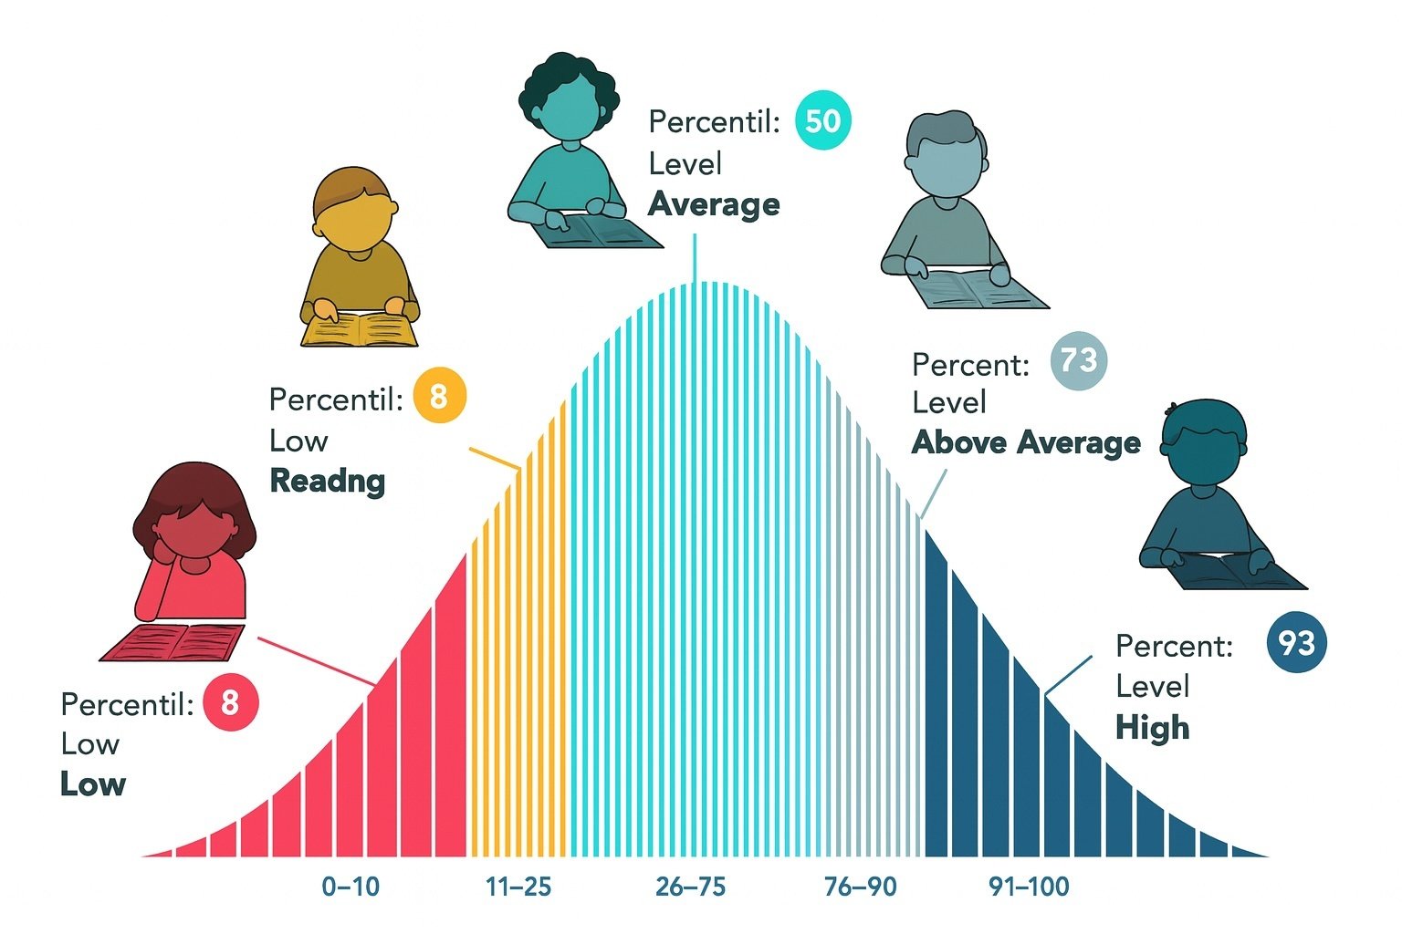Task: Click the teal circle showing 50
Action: [x=822, y=120]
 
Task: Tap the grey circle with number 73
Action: [x=1078, y=360]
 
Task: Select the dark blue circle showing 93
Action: [x=1296, y=643]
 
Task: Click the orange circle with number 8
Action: [x=439, y=397]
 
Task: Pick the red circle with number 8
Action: [x=230, y=702]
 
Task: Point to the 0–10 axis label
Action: [x=350, y=886]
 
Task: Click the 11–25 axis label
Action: [x=518, y=886]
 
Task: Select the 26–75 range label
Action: [x=690, y=886]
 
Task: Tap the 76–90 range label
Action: [x=860, y=886]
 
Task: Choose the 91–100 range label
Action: [x=1029, y=886]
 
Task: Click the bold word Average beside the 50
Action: [x=714, y=204]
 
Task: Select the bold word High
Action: [x=1152, y=728]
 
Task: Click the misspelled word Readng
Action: [x=327, y=481]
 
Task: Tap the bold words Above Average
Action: [x=1026, y=442]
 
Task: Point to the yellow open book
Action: [x=360, y=330]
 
